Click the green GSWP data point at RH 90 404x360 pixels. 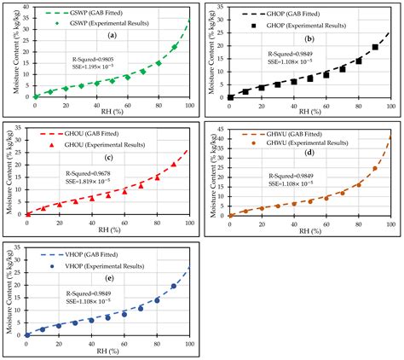pos(174,47)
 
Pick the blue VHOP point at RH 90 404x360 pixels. pos(174,286)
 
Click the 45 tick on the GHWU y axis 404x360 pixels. pos(220,128)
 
